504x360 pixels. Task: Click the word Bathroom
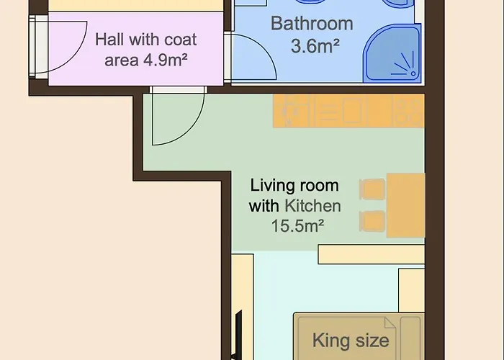312,24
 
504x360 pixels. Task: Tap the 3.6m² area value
315,46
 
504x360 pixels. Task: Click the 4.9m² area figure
165,60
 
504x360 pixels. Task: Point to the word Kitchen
312,206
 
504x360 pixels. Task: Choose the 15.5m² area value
297,225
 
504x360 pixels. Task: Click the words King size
351,341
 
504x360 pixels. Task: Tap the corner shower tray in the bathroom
393,54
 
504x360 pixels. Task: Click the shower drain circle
413,74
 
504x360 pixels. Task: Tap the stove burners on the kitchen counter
408,111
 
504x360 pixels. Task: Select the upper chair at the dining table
372,189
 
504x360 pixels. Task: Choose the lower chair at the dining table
372,221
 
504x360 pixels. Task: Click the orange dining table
405,205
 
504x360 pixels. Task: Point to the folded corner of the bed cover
390,323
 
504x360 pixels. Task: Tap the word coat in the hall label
180,40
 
